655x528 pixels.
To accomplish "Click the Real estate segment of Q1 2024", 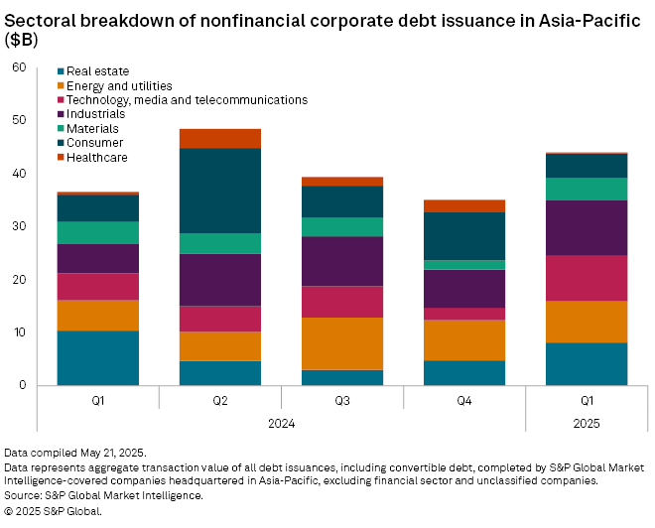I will click(x=97, y=357).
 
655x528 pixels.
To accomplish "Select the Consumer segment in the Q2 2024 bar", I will click(x=219, y=191).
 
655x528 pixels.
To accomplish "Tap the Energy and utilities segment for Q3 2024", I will click(x=342, y=343).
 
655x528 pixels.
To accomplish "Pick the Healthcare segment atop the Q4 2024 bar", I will click(x=463, y=205).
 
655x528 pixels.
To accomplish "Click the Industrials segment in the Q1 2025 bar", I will click(x=586, y=227).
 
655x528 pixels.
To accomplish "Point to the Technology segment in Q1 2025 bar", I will click(x=586, y=278).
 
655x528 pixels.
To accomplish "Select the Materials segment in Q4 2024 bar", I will click(x=463, y=265).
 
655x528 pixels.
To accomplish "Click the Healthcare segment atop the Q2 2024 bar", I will click(x=219, y=138).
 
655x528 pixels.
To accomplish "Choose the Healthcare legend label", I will click(x=99, y=157).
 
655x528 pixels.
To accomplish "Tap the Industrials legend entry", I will click(x=98, y=114).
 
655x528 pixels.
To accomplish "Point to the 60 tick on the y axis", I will click(x=19, y=67).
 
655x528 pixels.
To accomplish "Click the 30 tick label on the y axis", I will click(x=19, y=226).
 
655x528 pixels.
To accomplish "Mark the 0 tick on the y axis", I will click(x=23, y=385).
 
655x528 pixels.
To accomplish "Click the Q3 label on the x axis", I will click(x=342, y=401).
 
